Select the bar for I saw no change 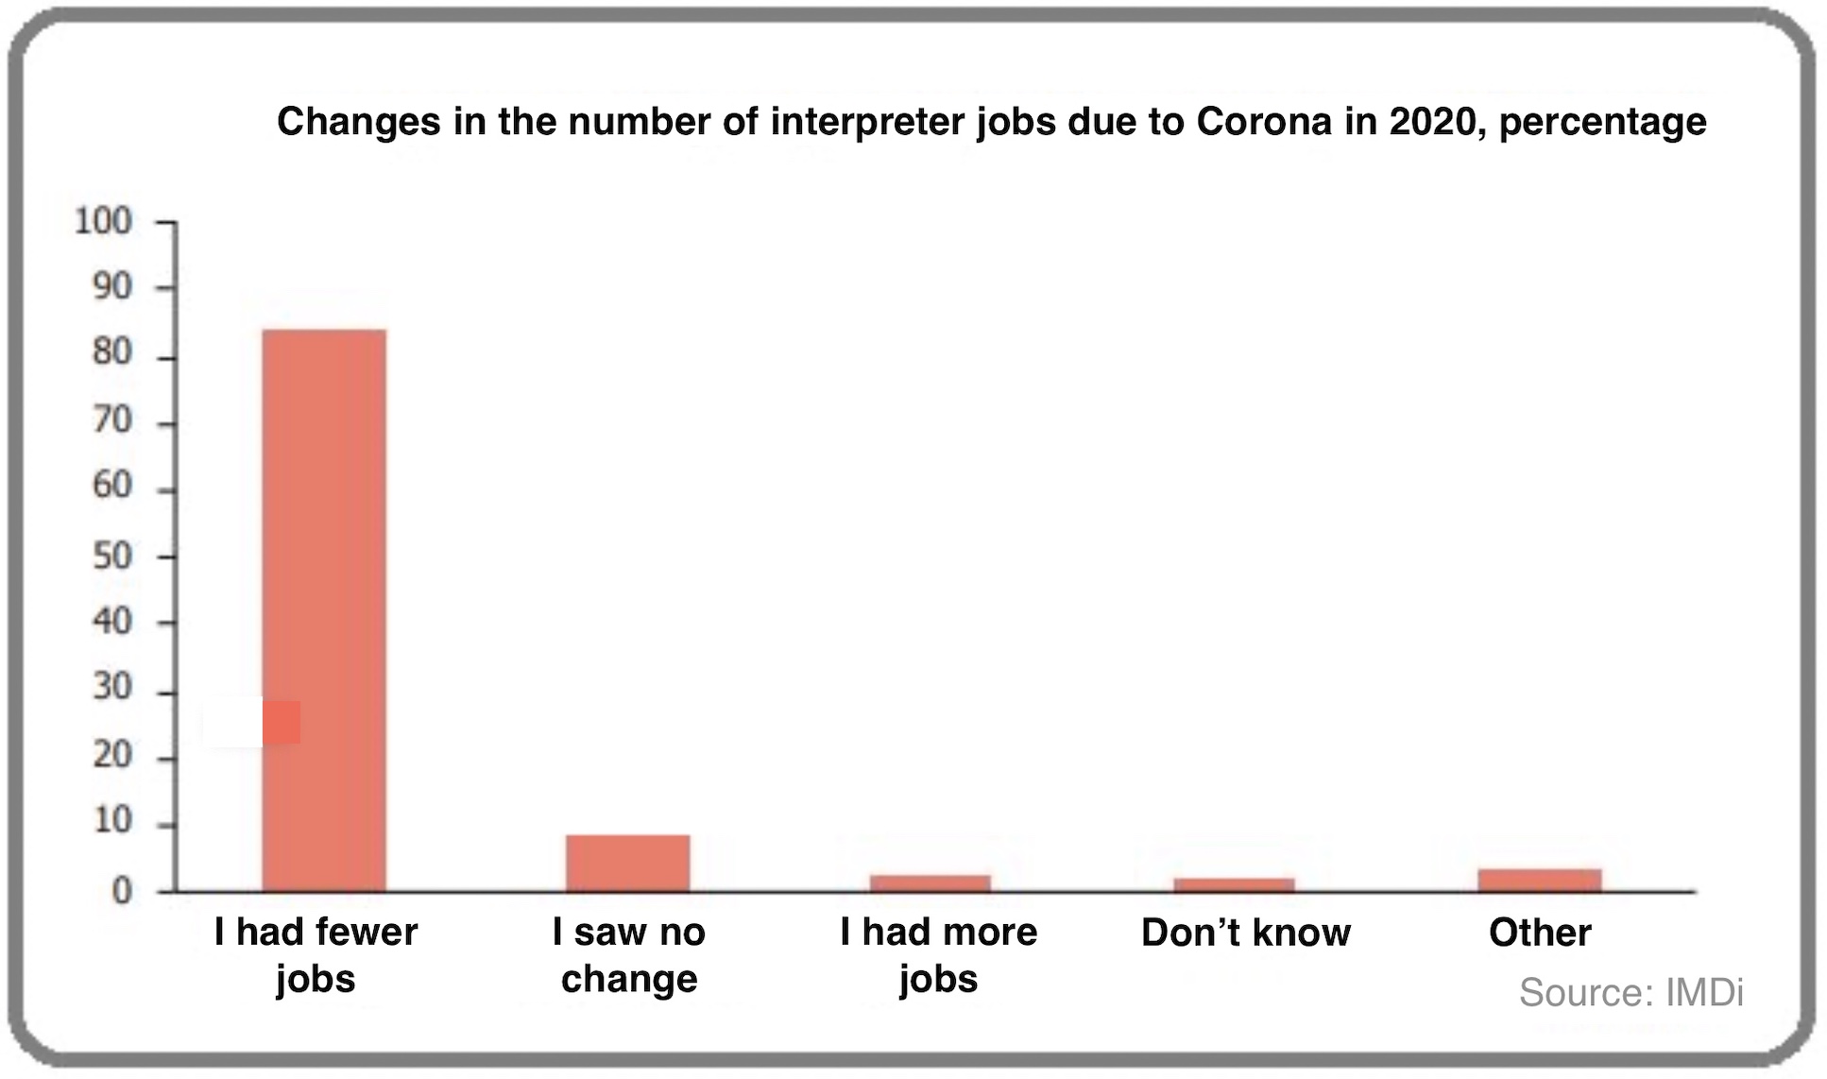tap(627, 863)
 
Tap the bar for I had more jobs tap(931, 882)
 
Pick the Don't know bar tap(1234, 884)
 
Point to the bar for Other tap(1540, 880)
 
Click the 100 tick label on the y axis tap(103, 221)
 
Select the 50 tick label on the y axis tap(111, 556)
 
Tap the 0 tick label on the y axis tap(121, 890)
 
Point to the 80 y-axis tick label tap(111, 353)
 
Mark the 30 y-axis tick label tap(111, 688)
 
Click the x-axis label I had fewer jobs tap(316, 954)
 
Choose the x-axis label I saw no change tap(629, 954)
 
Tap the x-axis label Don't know tap(1246, 933)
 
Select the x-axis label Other tap(1540, 933)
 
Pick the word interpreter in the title tap(867, 122)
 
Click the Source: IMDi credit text tap(1631, 992)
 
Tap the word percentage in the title tap(1602, 122)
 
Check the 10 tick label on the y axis tap(111, 820)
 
